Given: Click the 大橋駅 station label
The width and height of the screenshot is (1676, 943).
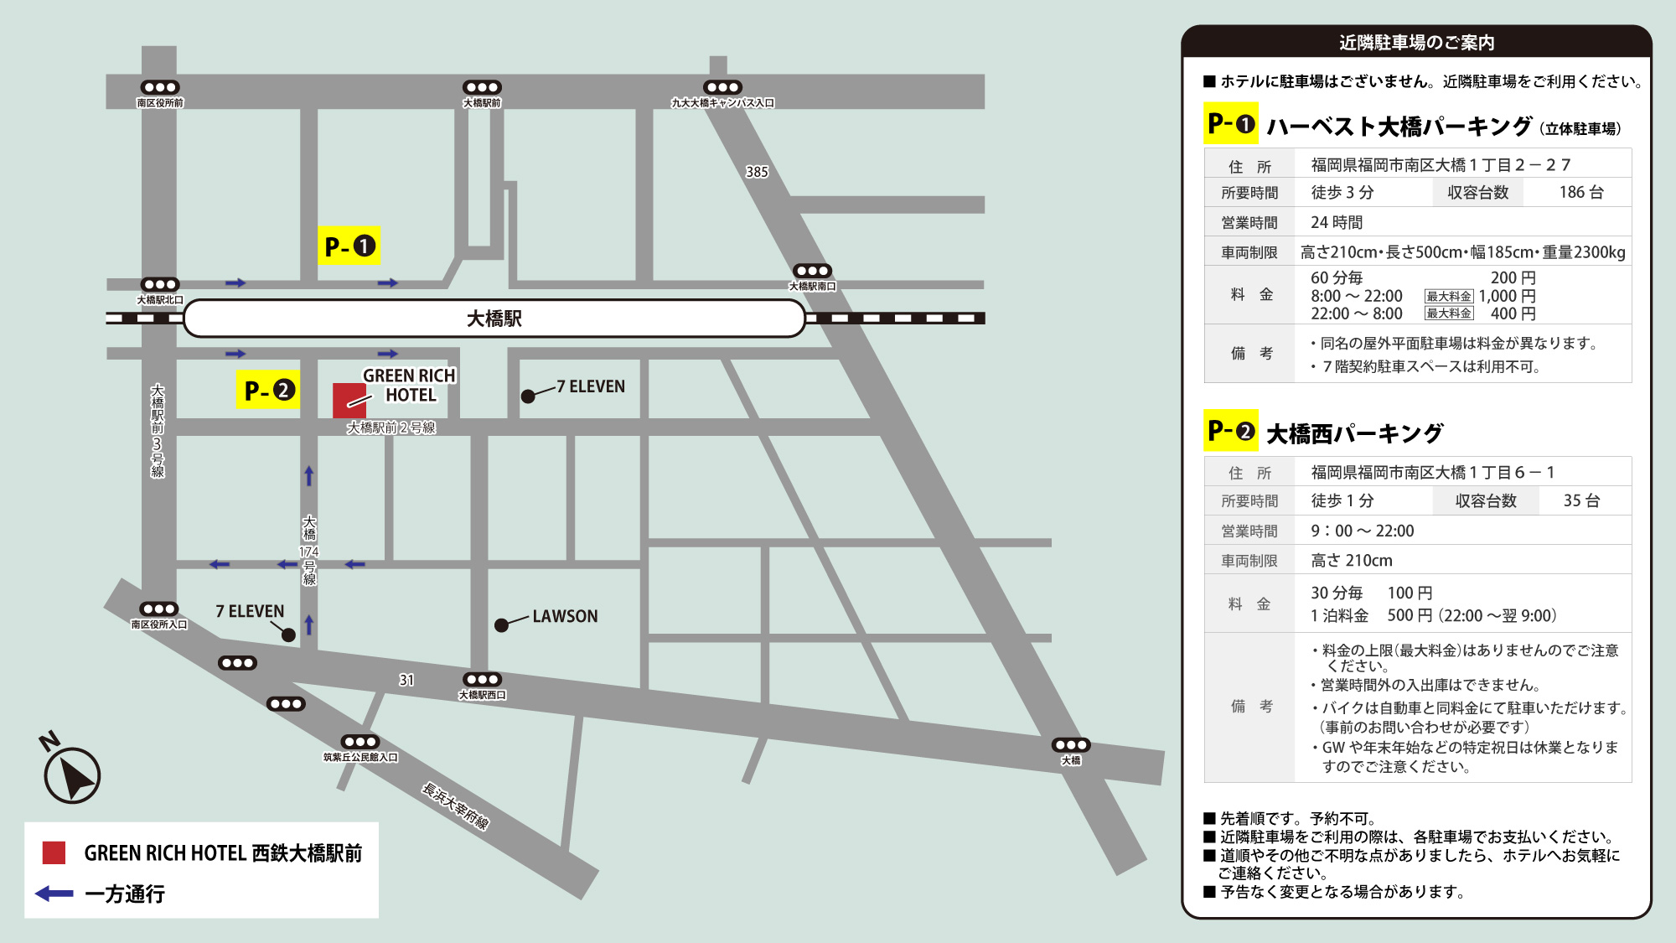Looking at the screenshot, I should pyautogui.click(x=494, y=319).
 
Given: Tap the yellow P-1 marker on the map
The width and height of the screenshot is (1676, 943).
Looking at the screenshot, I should pyautogui.click(x=349, y=246).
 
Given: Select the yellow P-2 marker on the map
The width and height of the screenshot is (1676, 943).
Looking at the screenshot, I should pyautogui.click(x=269, y=391).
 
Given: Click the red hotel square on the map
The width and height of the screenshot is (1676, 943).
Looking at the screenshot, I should pyautogui.click(x=349, y=400).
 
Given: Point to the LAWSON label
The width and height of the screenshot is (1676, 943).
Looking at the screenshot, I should pyautogui.click(x=565, y=616).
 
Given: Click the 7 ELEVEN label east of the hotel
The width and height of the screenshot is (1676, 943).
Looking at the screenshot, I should pyautogui.click(x=591, y=386).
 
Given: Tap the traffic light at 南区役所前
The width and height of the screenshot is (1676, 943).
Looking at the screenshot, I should pyautogui.click(x=159, y=87).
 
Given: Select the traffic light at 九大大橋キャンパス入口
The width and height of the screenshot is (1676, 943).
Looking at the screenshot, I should pyautogui.click(x=722, y=87).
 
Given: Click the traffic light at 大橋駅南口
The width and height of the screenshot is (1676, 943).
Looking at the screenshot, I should pyautogui.click(x=812, y=271).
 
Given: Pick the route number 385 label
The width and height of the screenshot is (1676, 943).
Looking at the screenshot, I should pyautogui.click(x=757, y=172).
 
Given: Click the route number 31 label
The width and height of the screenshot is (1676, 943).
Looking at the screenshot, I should pyautogui.click(x=406, y=680).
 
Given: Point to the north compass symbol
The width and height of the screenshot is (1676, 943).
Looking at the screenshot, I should pyautogui.click(x=72, y=774).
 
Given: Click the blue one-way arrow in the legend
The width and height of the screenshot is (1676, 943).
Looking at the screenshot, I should pyautogui.click(x=54, y=894).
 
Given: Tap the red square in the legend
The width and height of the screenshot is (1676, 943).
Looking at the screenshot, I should pyautogui.click(x=54, y=852).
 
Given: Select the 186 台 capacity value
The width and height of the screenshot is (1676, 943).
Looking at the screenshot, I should pyautogui.click(x=1580, y=193).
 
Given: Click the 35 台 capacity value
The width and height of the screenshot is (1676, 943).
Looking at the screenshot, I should pyautogui.click(x=1581, y=500).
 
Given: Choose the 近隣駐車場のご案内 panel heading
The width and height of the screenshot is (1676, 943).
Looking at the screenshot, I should pyautogui.click(x=1416, y=42).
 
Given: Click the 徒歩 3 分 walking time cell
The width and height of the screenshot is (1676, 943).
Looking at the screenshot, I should pyautogui.click(x=1342, y=193).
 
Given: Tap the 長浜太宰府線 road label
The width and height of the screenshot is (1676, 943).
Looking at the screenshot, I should pyautogui.click(x=455, y=806).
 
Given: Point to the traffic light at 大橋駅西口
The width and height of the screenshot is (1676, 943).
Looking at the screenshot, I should pyautogui.click(x=482, y=680).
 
